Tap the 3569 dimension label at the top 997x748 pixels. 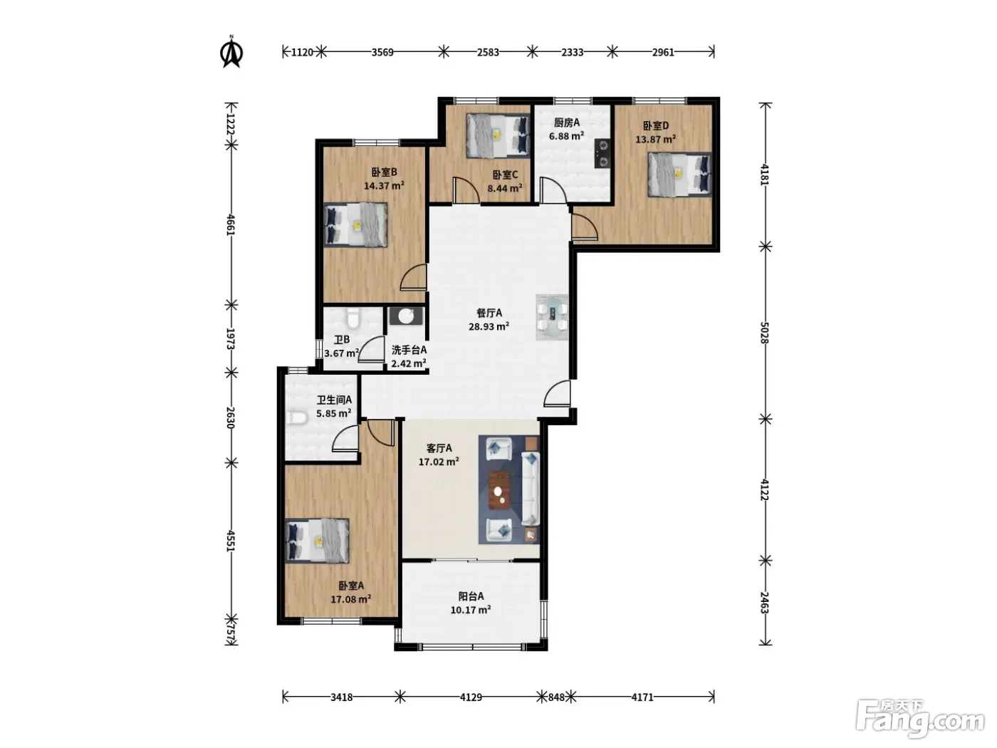click(x=382, y=52)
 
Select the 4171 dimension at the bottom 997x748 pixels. click(x=642, y=697)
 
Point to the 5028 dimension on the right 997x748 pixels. click(x=765, y=333)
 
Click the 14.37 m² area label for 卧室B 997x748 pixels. click(x=384, y=185)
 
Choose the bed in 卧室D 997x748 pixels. click(x=679, y=175)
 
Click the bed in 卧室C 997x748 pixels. click(x=498, y=135)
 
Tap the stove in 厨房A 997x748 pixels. click(x=602, y=153)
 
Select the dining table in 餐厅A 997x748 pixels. click(x=552, y=318)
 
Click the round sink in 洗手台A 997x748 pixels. click(x=406, y=316)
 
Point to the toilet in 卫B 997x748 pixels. click(x=352, y=318)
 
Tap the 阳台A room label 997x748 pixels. click(x=471, y=596)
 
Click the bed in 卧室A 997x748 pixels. click(x=318, y=541)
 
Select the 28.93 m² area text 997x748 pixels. click(x=489, y=326)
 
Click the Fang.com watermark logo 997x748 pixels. click(x=919, y=722)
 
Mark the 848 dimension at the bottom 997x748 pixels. click(x=556, y=697)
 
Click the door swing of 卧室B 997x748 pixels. click(x=413, y=278)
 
